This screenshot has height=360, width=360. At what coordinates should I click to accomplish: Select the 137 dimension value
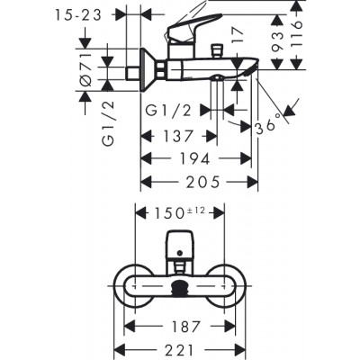(x=175, y=136)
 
